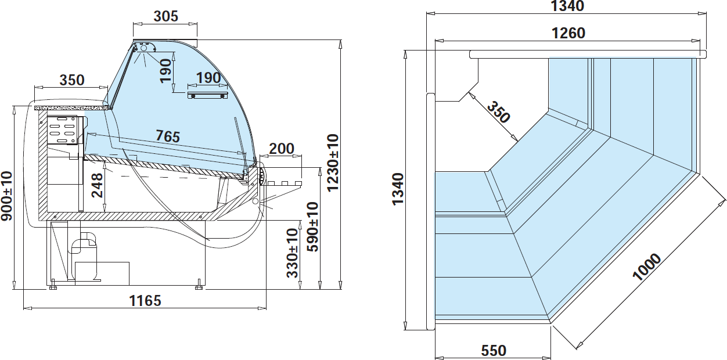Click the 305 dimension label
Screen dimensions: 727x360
(165, 16)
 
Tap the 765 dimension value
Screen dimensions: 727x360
(168, 136)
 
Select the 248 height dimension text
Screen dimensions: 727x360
(98, 185)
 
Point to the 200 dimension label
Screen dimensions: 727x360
(282, 149)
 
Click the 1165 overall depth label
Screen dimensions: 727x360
(145, 301)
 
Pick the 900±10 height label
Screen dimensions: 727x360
(6, 196)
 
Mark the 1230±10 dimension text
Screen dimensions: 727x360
(333, 163)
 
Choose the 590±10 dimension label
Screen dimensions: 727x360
(313, 226)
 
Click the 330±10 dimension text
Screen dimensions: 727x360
(293, 253)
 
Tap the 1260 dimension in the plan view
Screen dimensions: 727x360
(568, 33)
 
